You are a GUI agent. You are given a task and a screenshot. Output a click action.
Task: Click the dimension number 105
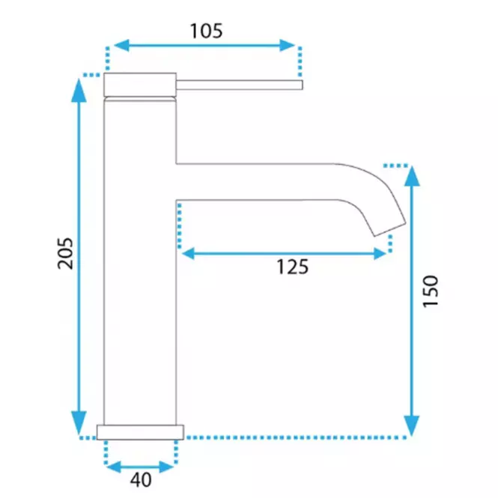pos(206,31)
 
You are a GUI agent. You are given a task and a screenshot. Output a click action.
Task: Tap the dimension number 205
pos(65,253)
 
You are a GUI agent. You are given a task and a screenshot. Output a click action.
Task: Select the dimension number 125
pos(293,267)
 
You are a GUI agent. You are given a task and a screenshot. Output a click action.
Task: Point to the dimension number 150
pos(431,291)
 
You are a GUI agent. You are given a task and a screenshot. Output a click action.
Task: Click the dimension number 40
pos(141,480)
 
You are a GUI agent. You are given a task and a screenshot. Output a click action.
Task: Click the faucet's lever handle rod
pos(239,85)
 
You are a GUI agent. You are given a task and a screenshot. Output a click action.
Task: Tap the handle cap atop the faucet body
pos(140,85)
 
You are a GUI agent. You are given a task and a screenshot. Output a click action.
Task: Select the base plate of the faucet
pos(140,432)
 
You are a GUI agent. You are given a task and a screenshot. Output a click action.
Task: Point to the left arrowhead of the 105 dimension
pos(121,46)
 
